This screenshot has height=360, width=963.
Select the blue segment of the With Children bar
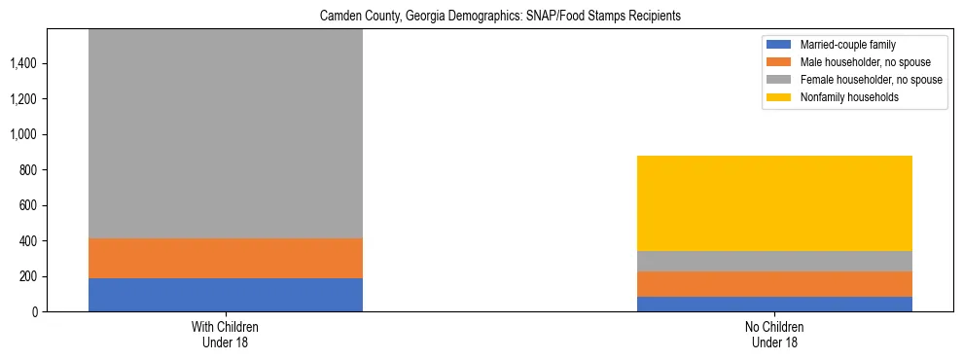(226, 295)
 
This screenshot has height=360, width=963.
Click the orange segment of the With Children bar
(226, 258)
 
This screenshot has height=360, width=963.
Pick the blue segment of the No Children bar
(774, 304)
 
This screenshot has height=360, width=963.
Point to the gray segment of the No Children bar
(774, 261)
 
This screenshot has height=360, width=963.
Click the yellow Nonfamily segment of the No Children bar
(774, 203)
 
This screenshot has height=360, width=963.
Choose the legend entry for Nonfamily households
(843, 97)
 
